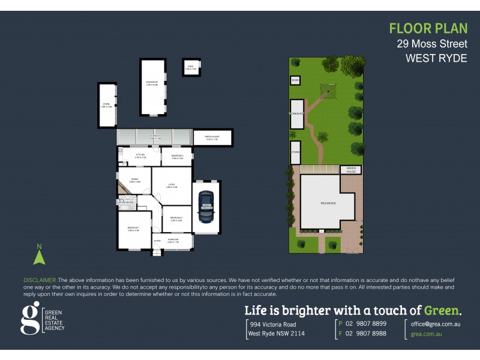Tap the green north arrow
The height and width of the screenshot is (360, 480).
pyautogui.click(x=40, y=256)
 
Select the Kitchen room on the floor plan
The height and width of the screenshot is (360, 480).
pyautogui.click(x=137, y=157)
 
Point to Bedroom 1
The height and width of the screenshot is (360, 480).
pyautogui.click(x=133, y=229)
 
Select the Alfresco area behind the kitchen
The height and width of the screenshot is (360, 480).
pyautogui.click(x=154, y=137)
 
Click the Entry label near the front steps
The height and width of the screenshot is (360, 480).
pyautogui.click(x=157, y=242)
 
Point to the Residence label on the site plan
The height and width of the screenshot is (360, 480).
pyautogui.click(x=328, y=203)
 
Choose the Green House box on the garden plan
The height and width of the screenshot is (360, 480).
pyautogui.click(x=352, y=170)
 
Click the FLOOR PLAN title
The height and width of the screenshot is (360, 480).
pyautogui.click(x=428, y=28)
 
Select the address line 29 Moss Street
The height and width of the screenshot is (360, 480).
pyautogui.click(x=431, y=43)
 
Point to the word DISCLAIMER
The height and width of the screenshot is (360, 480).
pyautogui.click(x=40, y=280)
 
